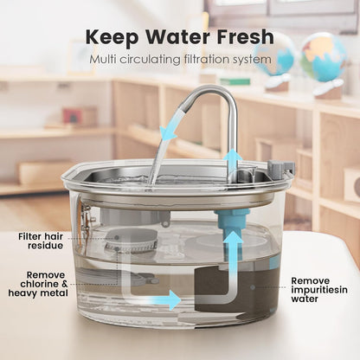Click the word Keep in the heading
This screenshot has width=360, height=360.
tap(112, 39)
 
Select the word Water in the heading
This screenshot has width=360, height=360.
tap(177, 39)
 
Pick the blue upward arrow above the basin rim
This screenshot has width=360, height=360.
tap(232, 163)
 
